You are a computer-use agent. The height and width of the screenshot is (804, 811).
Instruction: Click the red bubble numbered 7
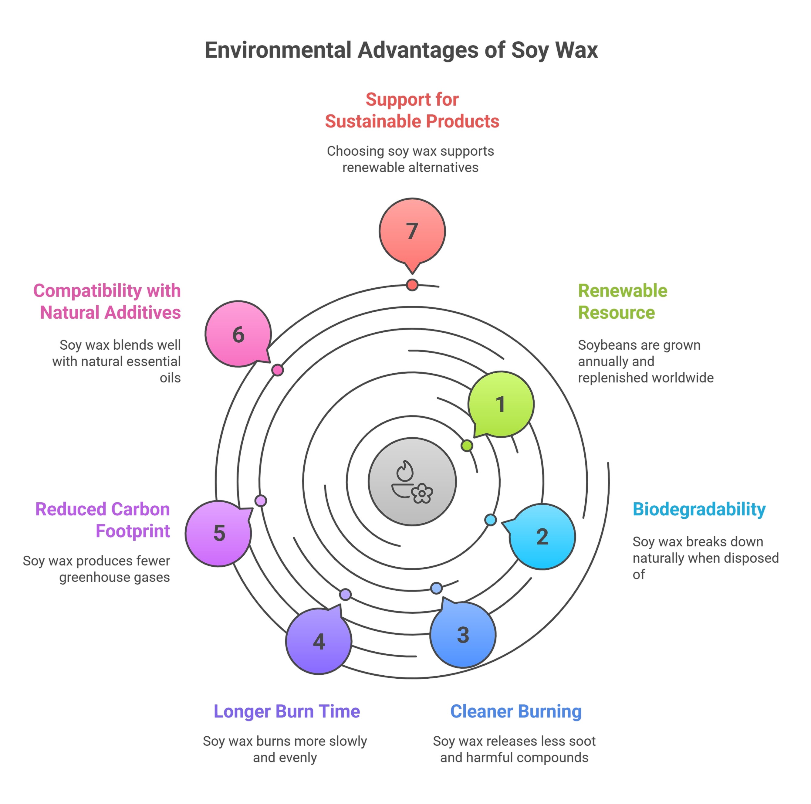(x=412, y=231)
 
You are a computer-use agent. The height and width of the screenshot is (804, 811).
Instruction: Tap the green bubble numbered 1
(x=501, y=404)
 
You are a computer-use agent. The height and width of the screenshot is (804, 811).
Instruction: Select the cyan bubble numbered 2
(x=542, y=537)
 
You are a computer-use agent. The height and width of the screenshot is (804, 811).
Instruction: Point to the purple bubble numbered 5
(x=219, y=533)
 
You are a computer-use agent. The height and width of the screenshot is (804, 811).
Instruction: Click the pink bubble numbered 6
(x=238, y=334)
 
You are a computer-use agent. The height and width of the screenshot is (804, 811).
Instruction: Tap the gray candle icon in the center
(x=412, y=482)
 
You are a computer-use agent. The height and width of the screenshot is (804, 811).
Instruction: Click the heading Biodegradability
(x=699, y=509)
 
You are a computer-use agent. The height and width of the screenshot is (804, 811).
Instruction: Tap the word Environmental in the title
(x=278, y=50)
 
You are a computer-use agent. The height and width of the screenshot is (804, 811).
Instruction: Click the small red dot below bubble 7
(x=412, y=285)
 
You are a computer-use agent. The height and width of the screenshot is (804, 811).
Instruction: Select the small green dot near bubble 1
(x=467, y=446)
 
